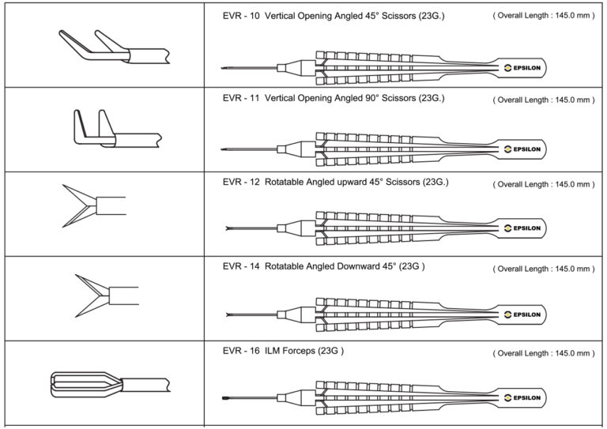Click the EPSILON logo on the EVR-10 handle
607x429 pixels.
click(522, 67)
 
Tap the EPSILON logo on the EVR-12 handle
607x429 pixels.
click(522, 228)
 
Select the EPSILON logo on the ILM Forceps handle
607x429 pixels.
click(522, 397)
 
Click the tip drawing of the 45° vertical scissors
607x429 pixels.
click(111, 47)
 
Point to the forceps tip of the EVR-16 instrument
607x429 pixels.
click(226, 397)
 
